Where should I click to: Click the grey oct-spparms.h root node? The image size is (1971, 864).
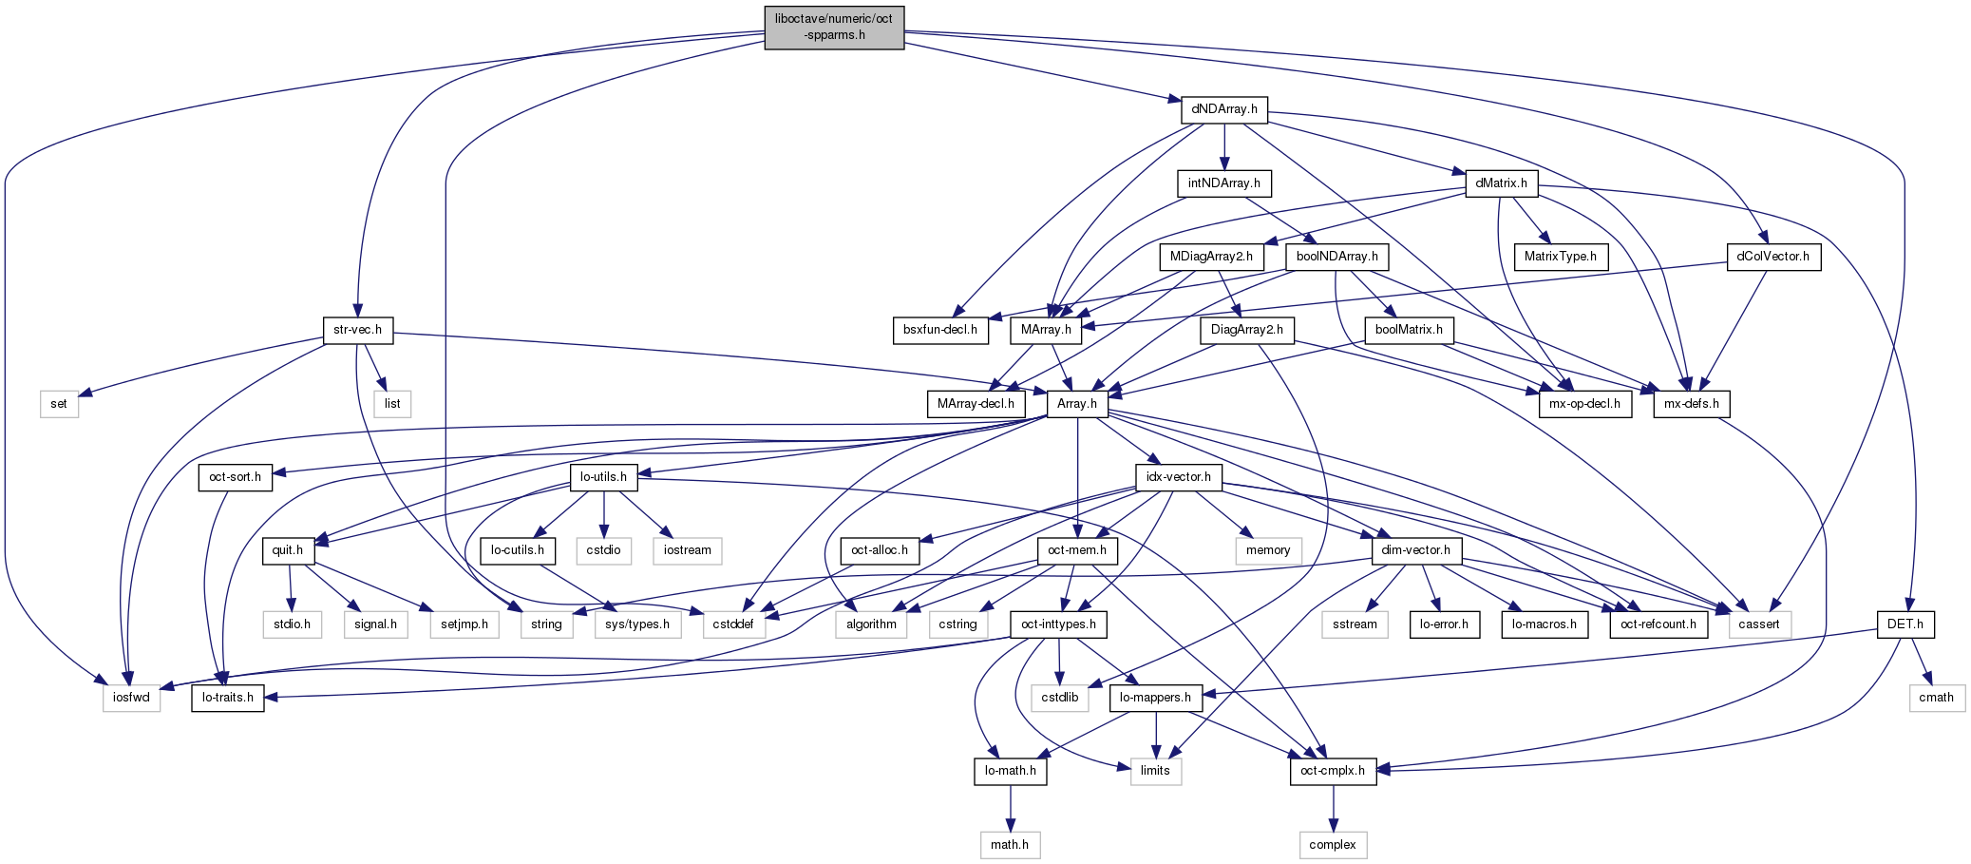(834, 28)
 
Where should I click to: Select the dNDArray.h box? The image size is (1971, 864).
(1224, 109)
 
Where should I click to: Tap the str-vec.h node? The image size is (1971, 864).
(357, 330)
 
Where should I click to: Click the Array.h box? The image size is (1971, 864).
(1077, 404)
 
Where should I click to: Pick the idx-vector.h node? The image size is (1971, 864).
(1178, 477)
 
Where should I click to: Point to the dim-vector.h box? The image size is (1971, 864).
(1415, 550)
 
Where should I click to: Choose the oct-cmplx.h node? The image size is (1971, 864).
(1333, 771)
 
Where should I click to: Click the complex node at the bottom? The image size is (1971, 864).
(1333, 844)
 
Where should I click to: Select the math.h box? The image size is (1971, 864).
(1010, 844)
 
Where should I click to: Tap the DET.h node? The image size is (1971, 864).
(1905, 624)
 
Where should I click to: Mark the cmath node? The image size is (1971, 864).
(1936, 698)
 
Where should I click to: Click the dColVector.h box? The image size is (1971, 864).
(1772, 257)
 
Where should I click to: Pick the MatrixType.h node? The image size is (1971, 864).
(1560, 257)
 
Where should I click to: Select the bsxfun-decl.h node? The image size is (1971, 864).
(940, 330)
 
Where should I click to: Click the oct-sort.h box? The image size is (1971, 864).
(235, 477)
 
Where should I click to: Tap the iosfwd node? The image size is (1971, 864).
(132, 698)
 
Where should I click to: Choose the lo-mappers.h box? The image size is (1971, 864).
(1155, 698)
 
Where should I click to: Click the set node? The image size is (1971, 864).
(59, 404)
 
